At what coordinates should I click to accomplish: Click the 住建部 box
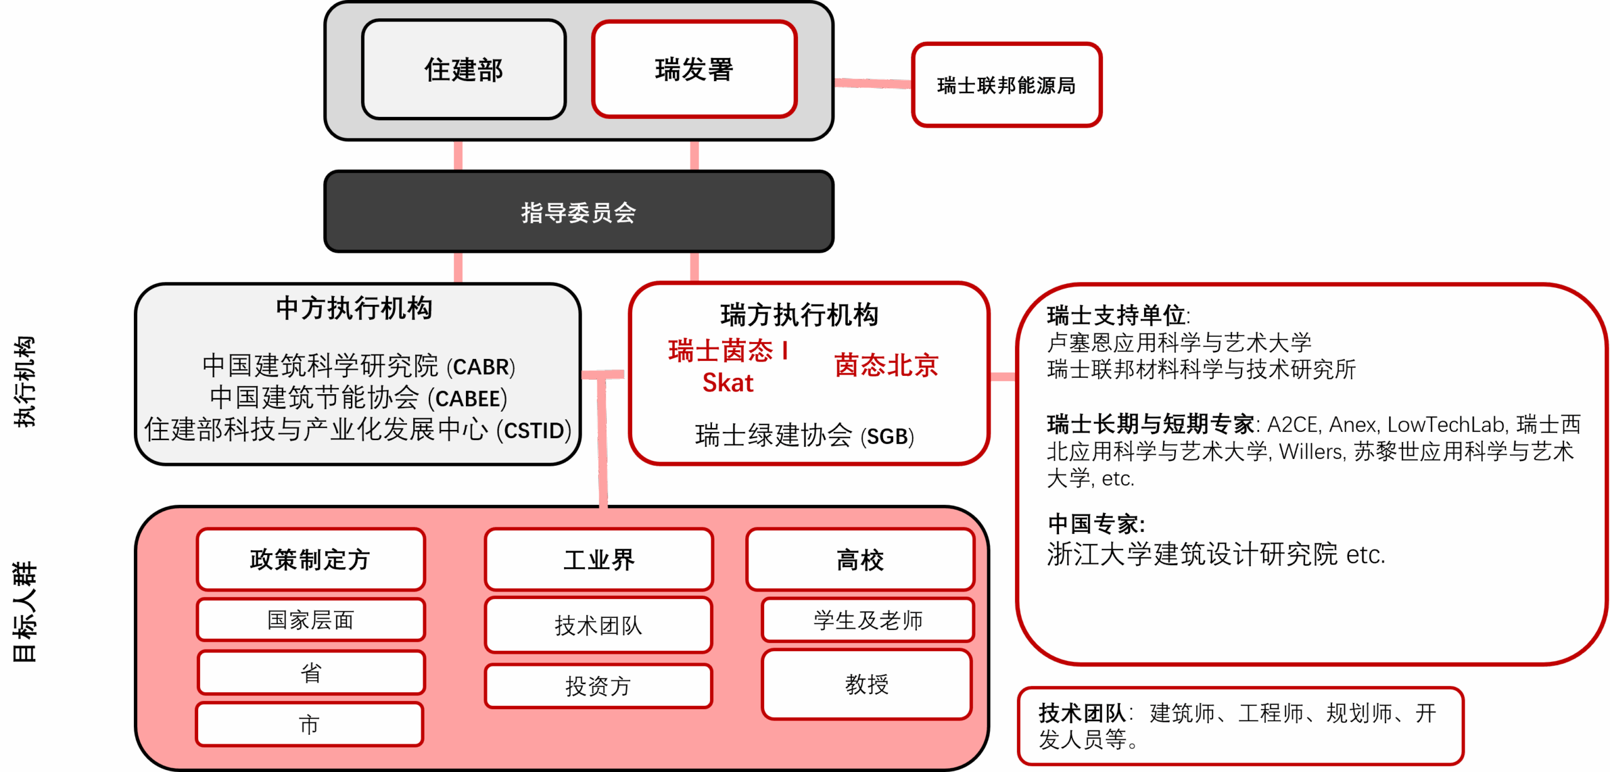click(x=464, y=69)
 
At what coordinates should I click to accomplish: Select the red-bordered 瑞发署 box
click(x=694, y=69)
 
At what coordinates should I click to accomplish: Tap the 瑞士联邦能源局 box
click(x=1006, y=85)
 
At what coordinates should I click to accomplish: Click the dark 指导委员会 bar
click(x=579, y=212)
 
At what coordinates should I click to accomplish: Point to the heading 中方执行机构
click(x=354, y=309)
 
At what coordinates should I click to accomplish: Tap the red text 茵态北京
click(x=886, y=365)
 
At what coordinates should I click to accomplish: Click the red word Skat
click(x=728, y=383)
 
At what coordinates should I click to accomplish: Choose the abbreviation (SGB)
click(x=887, y=436)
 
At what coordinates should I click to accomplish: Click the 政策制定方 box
click(x=310, y=560)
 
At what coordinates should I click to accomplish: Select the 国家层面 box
click(x=310, y=620)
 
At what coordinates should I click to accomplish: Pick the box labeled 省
click(x=310, y=673)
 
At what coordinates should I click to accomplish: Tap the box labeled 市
click(x=309, y=725)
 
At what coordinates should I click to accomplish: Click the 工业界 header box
click(x=599, y=560)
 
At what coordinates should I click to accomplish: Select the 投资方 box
click(x=598, y=686)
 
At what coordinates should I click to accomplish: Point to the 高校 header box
click(x=860, y=560)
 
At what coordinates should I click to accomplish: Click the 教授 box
click(x=867, y=684)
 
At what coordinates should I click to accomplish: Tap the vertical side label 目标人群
click(x=25, y=612)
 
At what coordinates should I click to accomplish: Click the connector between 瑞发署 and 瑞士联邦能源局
click(x=873, y=83)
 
